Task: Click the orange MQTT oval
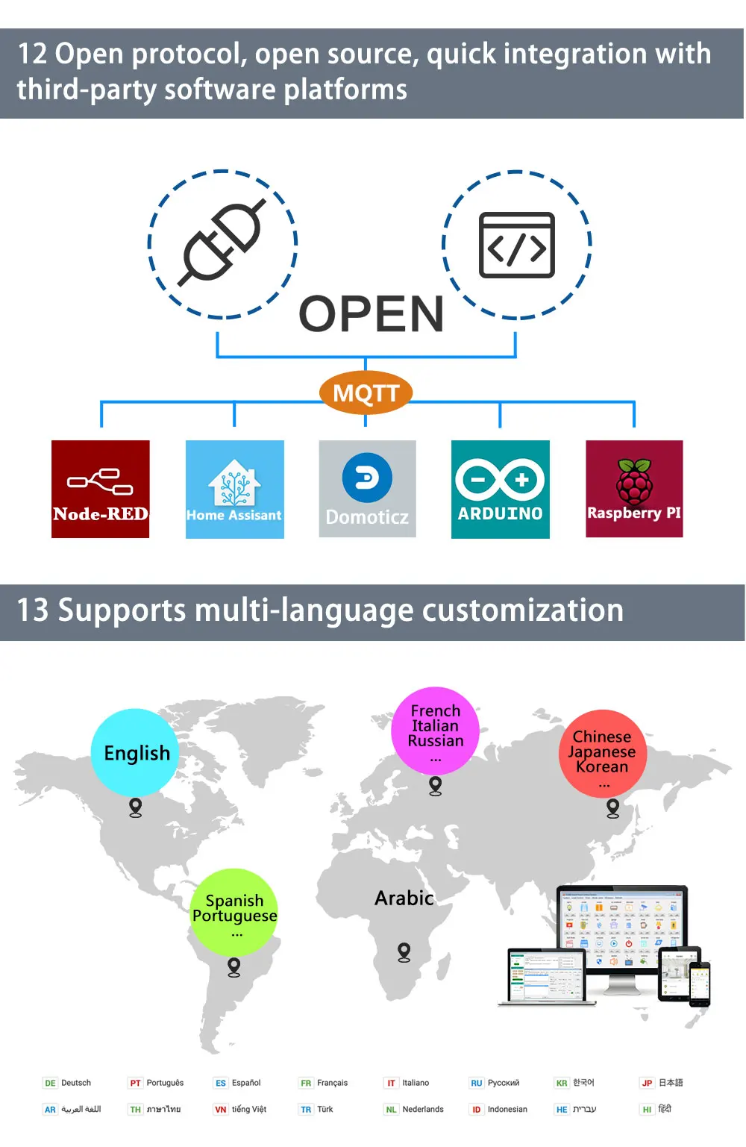point(366,393)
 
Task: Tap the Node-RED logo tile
point(101,489)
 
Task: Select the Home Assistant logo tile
point(234,489)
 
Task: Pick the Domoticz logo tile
point(367,489)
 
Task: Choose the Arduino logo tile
point(500,489)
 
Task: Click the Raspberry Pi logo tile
point(634,489)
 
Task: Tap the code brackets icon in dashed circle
point(516,245)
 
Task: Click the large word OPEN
point(371,314)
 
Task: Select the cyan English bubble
point(135,752)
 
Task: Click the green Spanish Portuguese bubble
point(234,912)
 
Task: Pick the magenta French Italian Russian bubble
point(436,730)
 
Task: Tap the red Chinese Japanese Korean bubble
point(603,753)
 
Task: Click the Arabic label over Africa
point(404,898)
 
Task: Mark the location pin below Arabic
point(404,952)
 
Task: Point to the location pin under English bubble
point(135,807)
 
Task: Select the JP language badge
point(647,1083)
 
